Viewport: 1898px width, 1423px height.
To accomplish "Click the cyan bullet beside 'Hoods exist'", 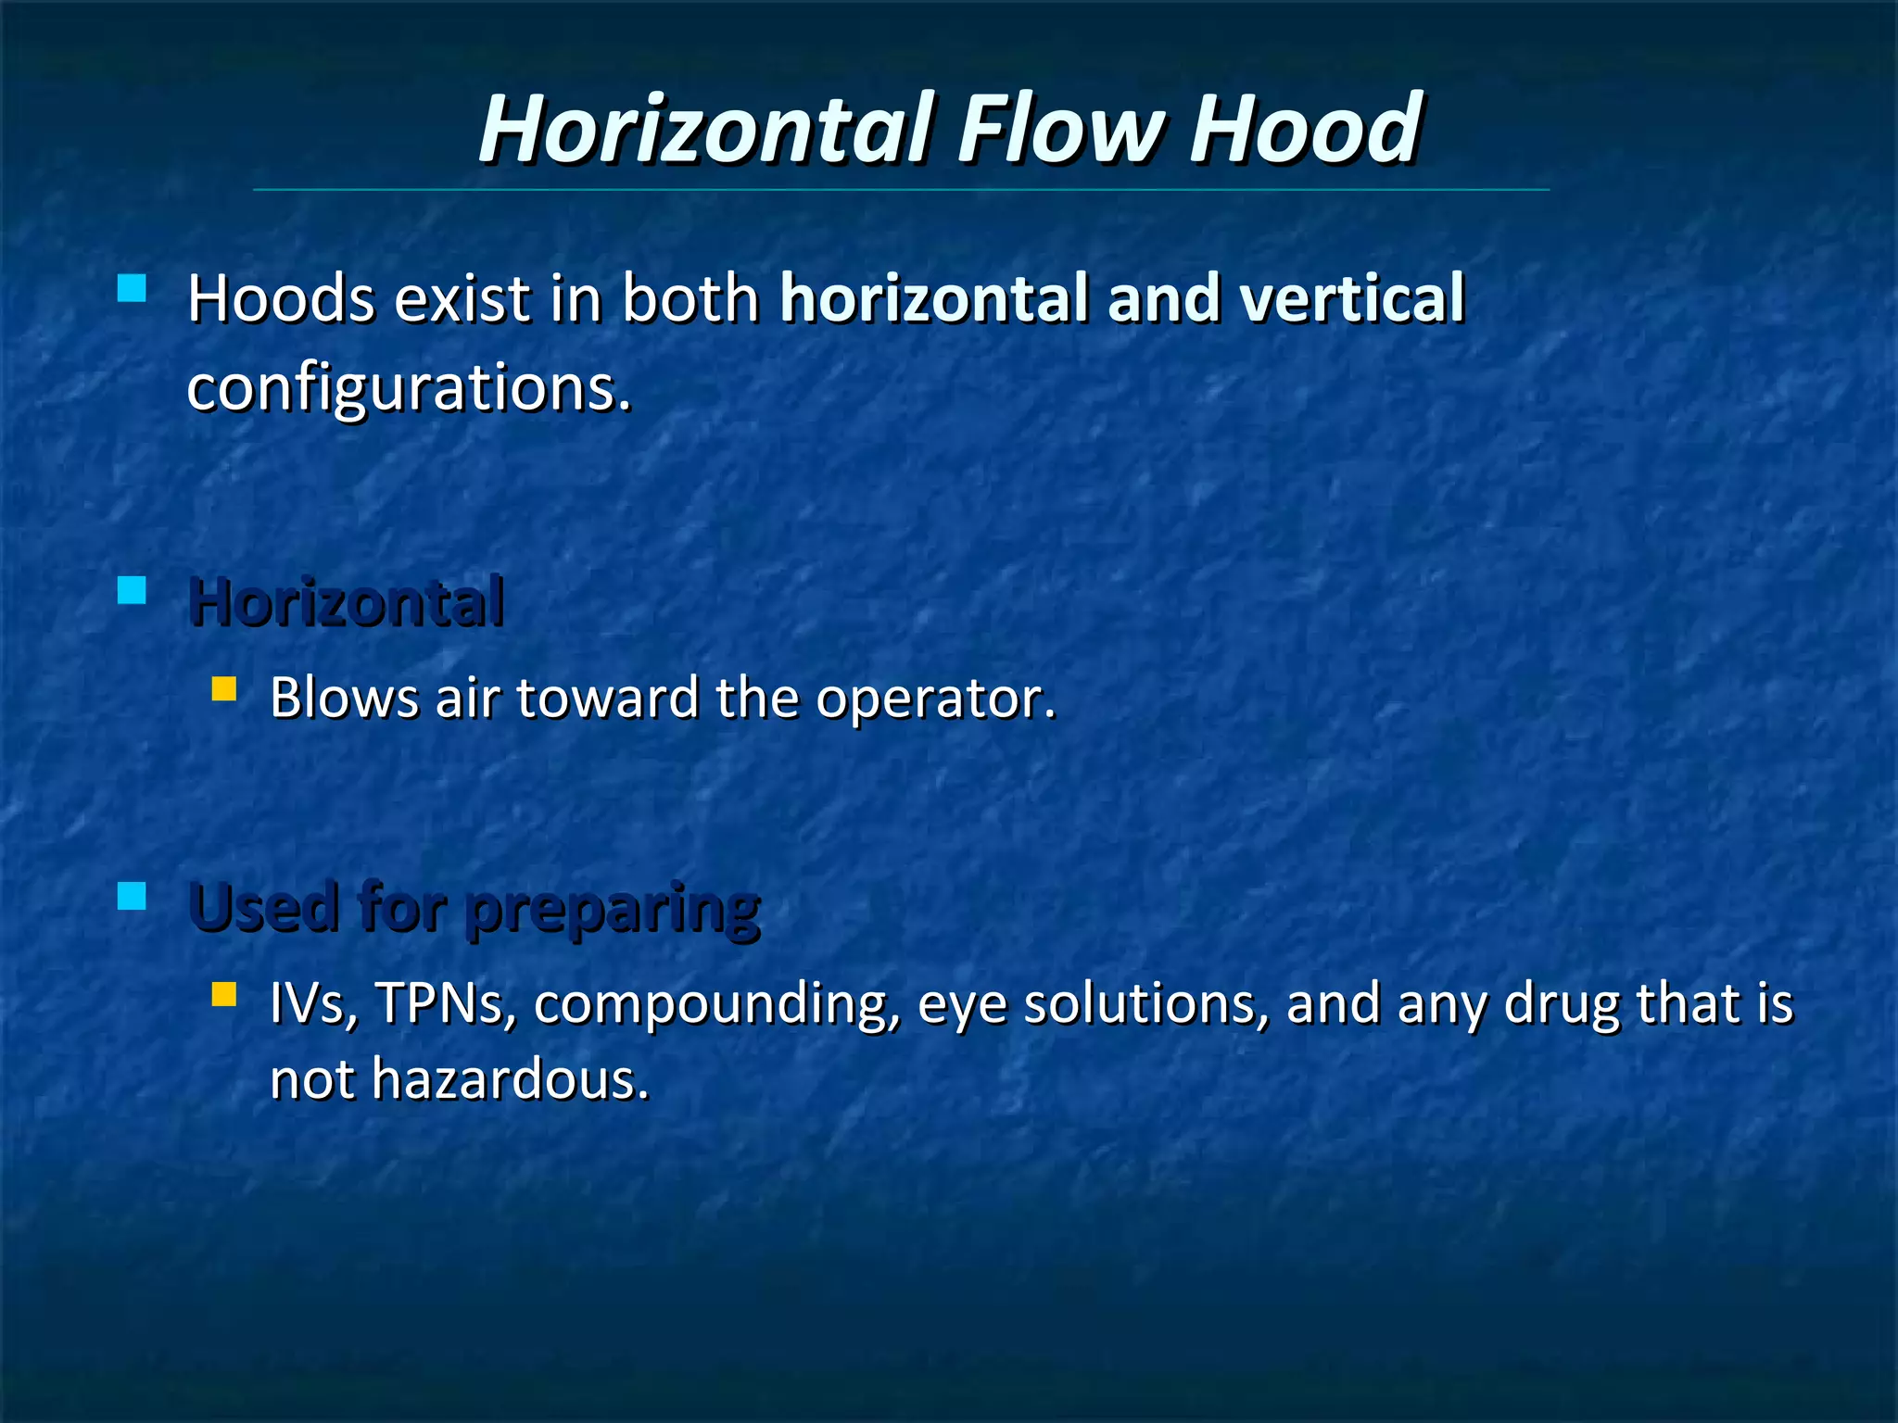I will [x=133, y=289].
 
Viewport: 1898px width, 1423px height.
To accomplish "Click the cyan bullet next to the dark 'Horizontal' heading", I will [x=133, y=591].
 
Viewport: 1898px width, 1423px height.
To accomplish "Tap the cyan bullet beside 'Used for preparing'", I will [x=133, y=896].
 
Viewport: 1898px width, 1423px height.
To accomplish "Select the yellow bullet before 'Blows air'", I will [x=224, y=689].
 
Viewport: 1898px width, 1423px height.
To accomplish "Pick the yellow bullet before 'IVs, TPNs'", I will [x=224, y=995].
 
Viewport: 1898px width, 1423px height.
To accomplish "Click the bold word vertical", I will [x=1353, y=299].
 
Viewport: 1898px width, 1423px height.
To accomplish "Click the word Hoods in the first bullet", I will [x=281, y=299].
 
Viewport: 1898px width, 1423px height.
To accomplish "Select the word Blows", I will [x=344, y=699].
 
